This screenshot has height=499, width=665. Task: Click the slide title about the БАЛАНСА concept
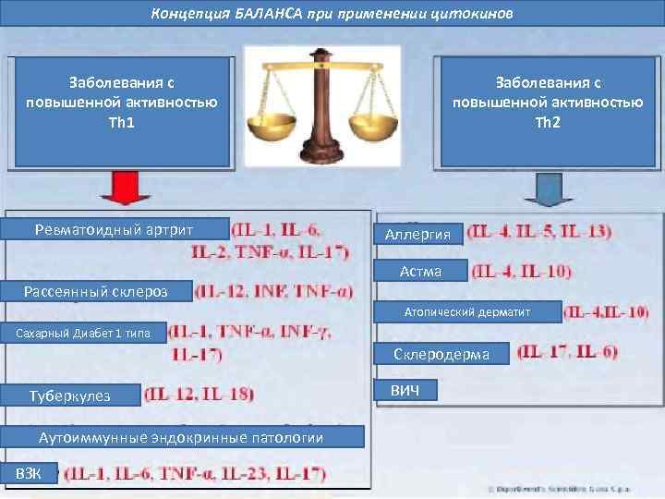coord(332,14)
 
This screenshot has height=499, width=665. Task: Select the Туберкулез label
coord(70,396)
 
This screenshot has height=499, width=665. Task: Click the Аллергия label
coord(417,235)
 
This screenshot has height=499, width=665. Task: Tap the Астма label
coord(420,271)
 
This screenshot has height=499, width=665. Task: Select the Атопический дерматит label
coord(467,312)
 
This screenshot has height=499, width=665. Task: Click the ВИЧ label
coord(405,391)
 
